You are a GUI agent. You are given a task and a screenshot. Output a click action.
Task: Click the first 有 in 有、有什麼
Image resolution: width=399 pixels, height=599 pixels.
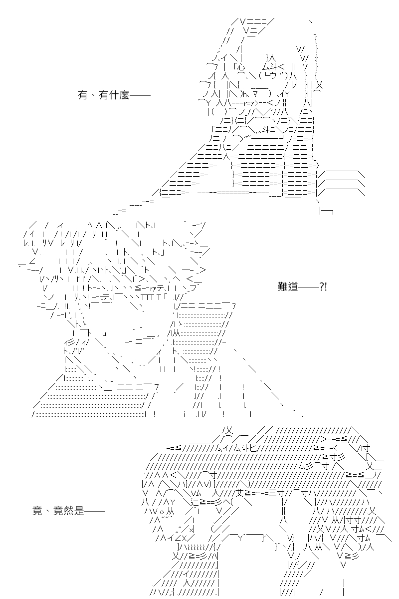pyautogui.click(x=82, y=95)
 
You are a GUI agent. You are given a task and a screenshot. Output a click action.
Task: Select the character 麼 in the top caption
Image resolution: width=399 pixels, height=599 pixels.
pyautogui.click(x=124, y=95)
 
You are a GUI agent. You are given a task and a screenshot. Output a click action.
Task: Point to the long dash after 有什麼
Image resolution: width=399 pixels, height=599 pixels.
pyautogui.click(x=140, y=95)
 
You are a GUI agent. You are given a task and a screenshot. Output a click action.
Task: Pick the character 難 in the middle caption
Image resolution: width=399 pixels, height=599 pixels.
pyautogui.click(x=282, y=287)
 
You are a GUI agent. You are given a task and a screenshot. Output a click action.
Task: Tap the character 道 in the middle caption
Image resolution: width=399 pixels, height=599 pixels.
pyautogui.click(x=293, y=287)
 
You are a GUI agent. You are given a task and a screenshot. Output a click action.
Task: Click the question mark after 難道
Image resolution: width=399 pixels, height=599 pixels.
pyautogui.click(x=322, y=287)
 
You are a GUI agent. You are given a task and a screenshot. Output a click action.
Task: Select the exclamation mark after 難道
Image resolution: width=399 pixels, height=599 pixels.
pyautogui.click(x=326, y=287)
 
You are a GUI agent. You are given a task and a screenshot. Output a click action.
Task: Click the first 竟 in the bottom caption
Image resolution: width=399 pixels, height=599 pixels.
pyautogui.click(x=37, y=511)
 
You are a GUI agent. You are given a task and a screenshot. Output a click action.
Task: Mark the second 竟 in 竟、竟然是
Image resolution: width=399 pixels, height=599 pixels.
pyautogui.click(x=58, y=511)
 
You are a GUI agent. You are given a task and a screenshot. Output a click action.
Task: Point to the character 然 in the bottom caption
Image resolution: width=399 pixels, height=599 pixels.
pyautogui.click(x=68, y=511)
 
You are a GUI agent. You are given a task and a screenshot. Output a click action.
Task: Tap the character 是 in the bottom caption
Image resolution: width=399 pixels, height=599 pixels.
pyautogui.click(x=79, y=511)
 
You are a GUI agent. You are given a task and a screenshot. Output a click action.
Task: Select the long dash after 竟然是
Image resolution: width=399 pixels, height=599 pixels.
pyautogui.click(x=95, y=511)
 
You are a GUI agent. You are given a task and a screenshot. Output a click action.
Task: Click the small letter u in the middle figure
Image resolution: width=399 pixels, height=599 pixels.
pyautogui.click(x=105, y=334)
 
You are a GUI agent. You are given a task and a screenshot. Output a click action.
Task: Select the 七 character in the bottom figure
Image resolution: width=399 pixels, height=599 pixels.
pyautogui.click(x=252, y=448)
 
